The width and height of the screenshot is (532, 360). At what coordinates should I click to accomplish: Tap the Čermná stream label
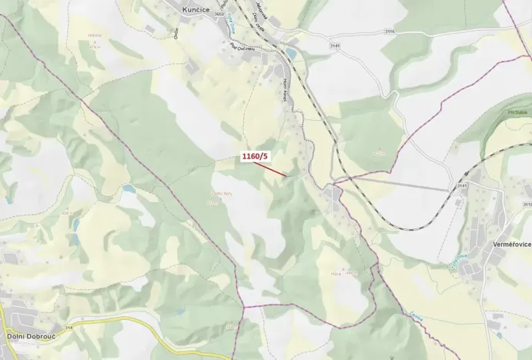416,316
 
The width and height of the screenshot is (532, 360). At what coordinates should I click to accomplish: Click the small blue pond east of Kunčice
291,53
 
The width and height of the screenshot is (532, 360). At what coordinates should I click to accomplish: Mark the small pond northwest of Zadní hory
128,188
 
